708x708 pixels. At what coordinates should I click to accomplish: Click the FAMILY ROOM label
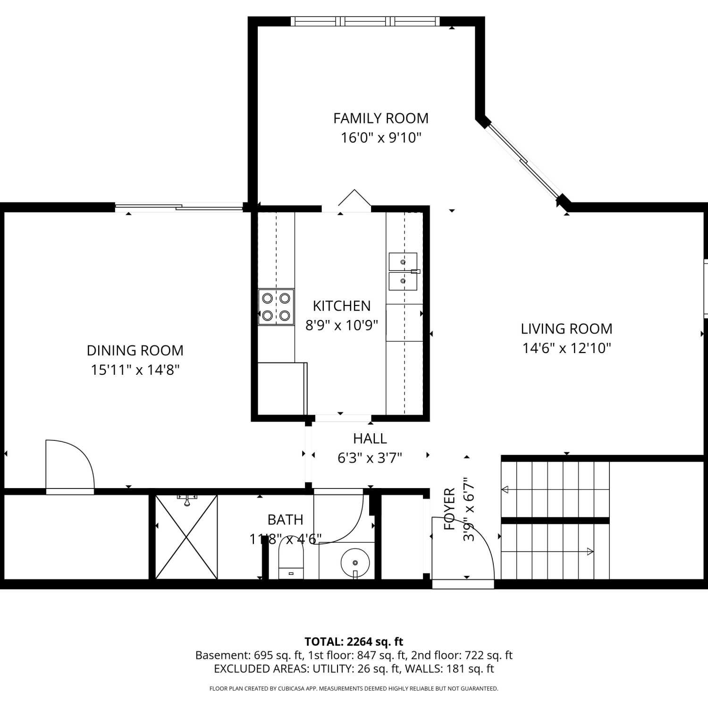[x=381, y=118]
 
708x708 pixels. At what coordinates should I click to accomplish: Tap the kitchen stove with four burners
[x=276, y=307]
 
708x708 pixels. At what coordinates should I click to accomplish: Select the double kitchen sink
[x=404, y=271]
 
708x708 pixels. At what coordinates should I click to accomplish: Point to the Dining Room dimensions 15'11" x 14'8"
[x=135, y=370]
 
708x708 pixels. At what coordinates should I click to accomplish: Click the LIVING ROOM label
[x=566, y=329]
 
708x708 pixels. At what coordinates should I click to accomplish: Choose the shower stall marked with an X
[x=186, y=537]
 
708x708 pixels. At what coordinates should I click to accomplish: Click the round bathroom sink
[x=355, y=563]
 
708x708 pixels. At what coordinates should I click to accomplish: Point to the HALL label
[x=370, y=438]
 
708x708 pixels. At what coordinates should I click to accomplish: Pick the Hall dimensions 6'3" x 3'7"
[x=370, y=458]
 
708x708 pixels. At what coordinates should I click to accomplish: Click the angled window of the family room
[x=524, y=161]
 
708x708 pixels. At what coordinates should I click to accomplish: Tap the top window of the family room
[x=365, y=21]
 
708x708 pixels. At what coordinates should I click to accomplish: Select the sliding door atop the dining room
[x=179, y=206]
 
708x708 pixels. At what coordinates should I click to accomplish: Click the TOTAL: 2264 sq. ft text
[x=354, y=641]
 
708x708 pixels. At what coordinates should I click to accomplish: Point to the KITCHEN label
[x=342, y=306]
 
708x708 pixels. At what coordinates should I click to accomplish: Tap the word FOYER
[x=449, y=509]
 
